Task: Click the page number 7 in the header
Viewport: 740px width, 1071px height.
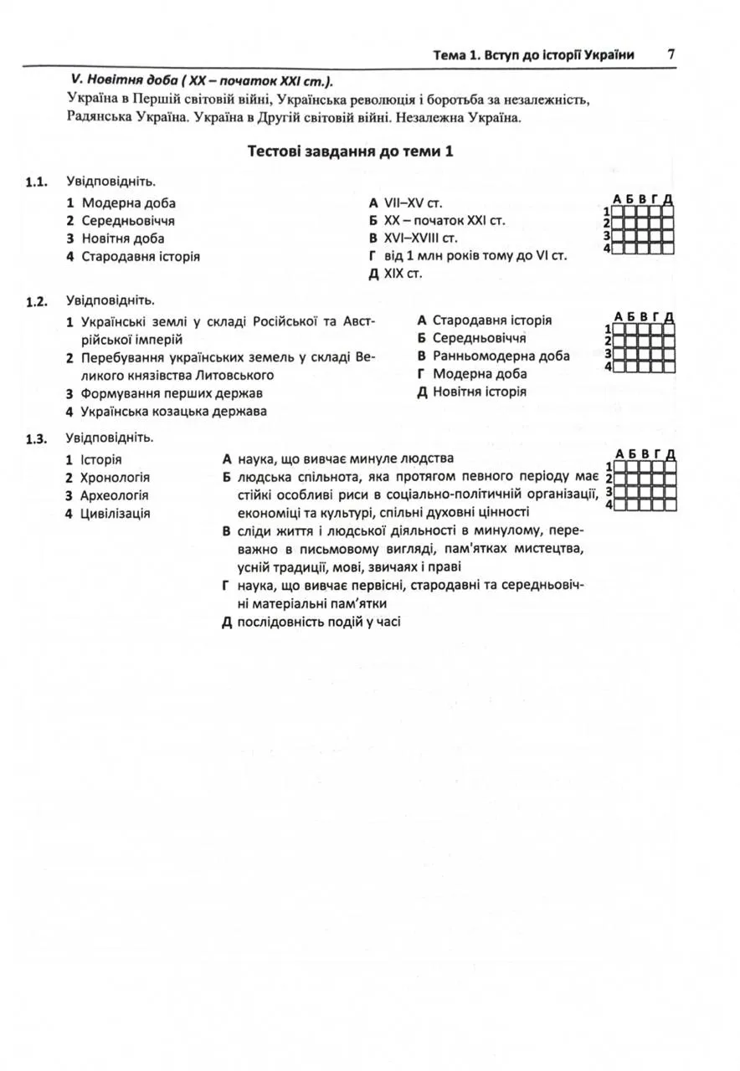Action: (x=671, y=54)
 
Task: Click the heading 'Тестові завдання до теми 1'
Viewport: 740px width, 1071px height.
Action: (x=350, y=151)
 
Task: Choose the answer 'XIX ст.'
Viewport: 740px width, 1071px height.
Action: (x=403, y=274)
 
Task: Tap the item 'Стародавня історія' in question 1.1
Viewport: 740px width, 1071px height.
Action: (x=140, y=256)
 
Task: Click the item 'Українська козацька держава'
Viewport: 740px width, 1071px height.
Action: (x=173, y=411)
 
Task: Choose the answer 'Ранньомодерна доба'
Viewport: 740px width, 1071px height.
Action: (x=501, y=356)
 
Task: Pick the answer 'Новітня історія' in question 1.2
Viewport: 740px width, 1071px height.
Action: (x=479, y=392)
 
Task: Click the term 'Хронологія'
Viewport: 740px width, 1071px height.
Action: (x=115, y=477)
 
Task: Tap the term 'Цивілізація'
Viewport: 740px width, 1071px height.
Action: (x=115, y=513)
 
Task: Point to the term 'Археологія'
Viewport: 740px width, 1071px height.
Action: (x=114, y=495)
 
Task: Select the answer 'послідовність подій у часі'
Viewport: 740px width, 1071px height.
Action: (x=319, y=622)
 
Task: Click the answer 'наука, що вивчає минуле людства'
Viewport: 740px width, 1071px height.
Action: (x=345, y=459)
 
